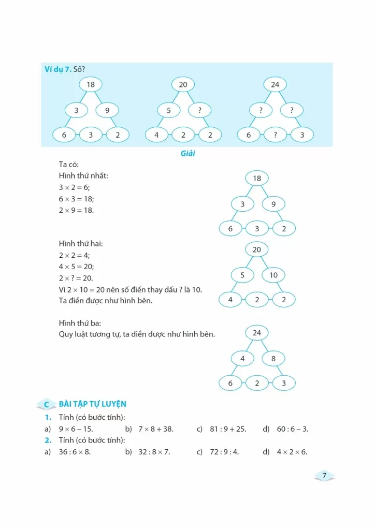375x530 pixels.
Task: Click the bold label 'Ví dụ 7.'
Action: click(57, 69)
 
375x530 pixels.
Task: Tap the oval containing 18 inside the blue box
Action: click(91, 84)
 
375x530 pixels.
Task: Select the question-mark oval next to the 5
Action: click(199, 110)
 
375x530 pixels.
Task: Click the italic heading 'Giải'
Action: click(187, 154)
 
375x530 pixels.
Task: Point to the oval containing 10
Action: click(273, 275)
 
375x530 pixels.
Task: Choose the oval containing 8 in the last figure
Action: click(273, 359)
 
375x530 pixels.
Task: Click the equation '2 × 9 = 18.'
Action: click(76, 210)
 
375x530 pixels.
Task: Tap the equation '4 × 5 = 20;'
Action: click(76, 267)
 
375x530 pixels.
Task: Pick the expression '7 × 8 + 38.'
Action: click(156, 429)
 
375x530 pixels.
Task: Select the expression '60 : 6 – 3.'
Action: click(293, 429)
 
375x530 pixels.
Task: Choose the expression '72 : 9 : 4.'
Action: click(224, 452)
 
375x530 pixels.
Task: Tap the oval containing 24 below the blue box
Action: click(257, 333)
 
